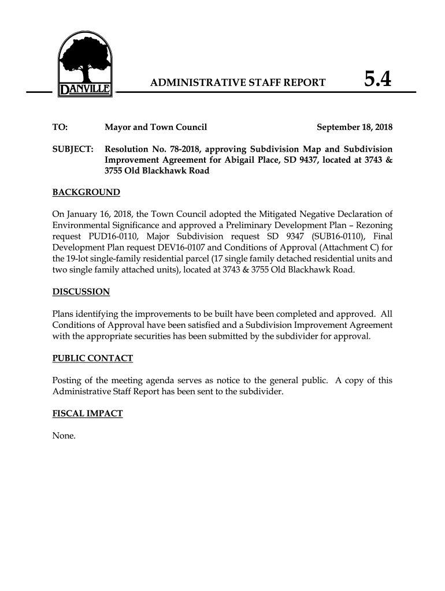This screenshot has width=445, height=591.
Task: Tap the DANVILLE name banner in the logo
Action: pyautogui.click(x=86, y=91)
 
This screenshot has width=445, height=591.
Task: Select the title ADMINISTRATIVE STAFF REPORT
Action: pyautogui.click(x=238, y=83)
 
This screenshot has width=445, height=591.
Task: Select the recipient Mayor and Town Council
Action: pyautogui.click(x=155, y=127)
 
